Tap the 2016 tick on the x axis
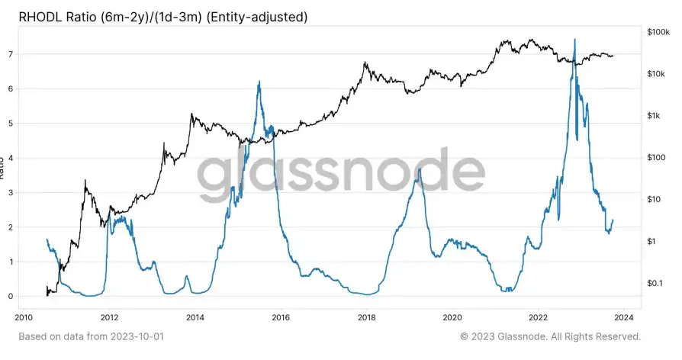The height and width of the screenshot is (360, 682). pyautogui.click(x=281, y=316)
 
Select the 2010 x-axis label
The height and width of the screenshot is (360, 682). pyautogui.click(x=24, y=316)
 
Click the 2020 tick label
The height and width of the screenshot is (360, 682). pyautogui.click(x=452, y=316)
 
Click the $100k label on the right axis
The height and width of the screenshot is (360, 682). pyautogui.click(x=658, y=32)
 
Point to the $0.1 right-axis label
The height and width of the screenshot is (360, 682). pyautogui.click(x=656, y=284)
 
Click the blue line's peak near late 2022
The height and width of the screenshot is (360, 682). pyautogui.click(x=574, y=40)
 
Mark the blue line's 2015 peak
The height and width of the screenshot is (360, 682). pyautogui.click(x=259, y=82)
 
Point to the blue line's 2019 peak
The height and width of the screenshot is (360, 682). pyautogui.click(x=419, y=169)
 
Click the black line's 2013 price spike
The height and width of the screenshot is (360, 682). pyautogui.click(x=191, y=114)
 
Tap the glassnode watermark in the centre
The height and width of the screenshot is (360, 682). pyautogui.click(x=341, y=174)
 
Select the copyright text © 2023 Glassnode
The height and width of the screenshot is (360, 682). pyautogui.click(x=550, y=336)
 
